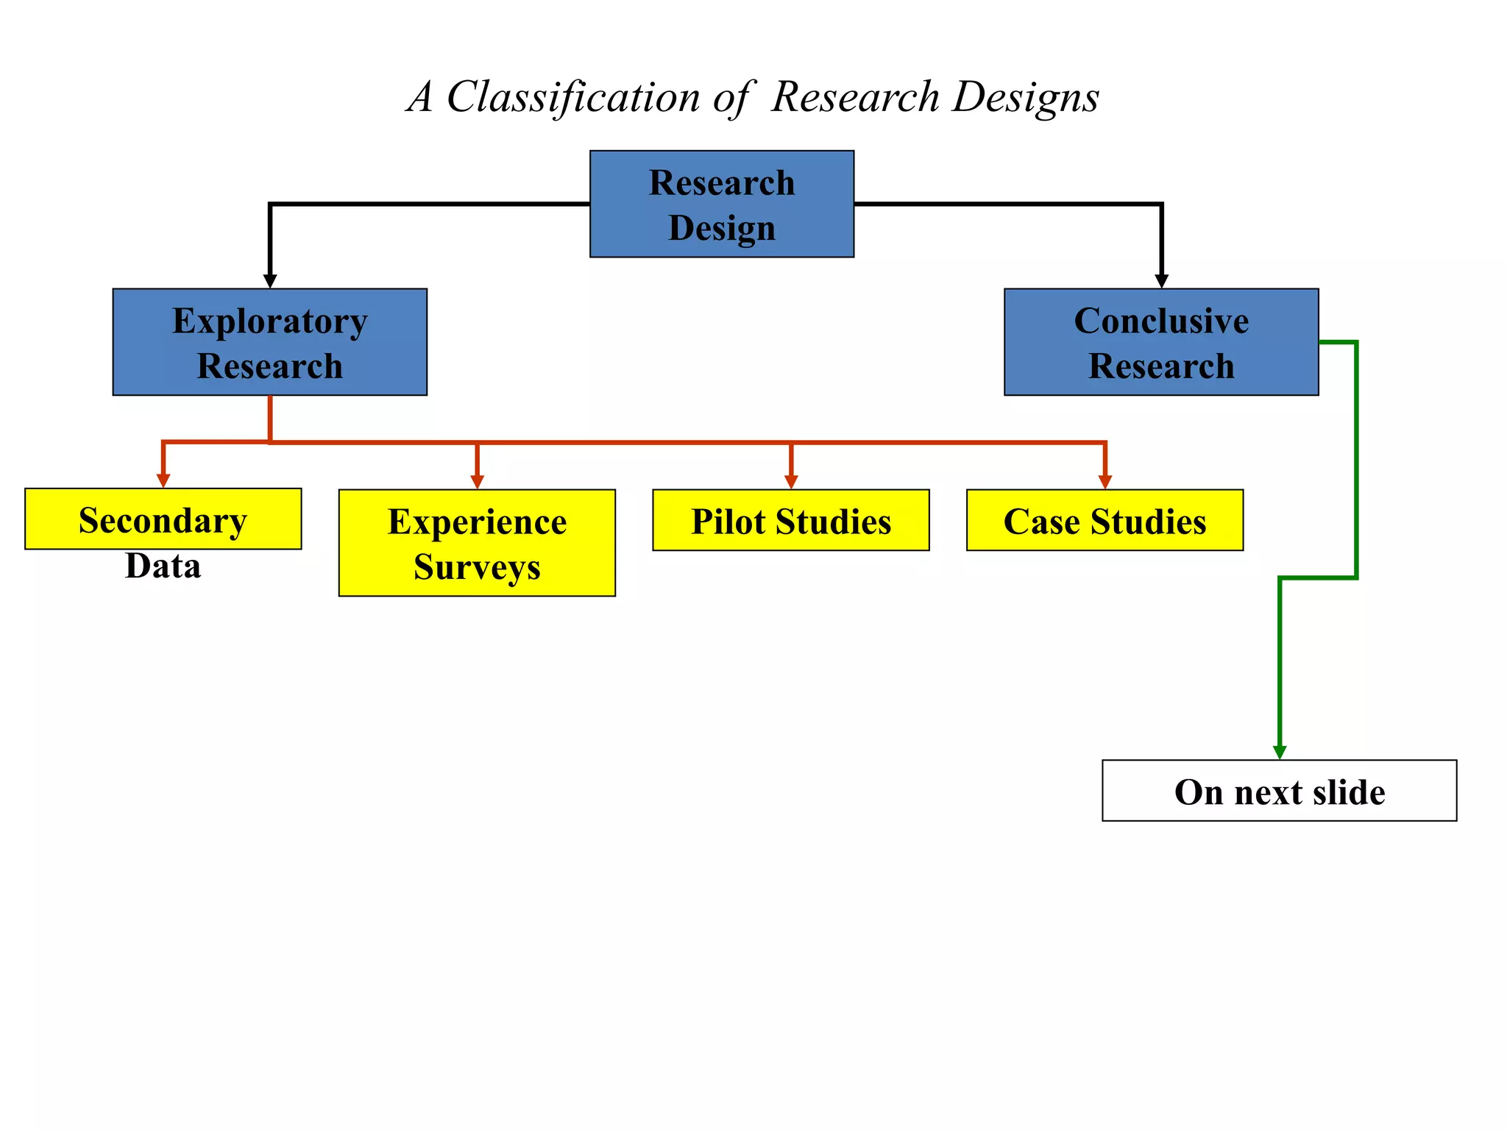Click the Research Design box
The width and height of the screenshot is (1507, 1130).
click(721, 204)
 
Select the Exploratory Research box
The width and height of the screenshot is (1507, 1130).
click(269, 342)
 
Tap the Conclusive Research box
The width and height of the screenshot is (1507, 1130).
click(1160, 342)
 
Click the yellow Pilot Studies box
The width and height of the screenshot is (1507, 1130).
click(790, 520)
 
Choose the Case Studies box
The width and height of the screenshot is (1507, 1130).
click(1104, 520)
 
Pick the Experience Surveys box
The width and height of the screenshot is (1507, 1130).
click(477, 543)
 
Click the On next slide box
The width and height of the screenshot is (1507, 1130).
click(1279, 791)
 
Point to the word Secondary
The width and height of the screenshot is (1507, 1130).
click(163, 520)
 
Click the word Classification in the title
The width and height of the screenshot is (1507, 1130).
click(573, 97)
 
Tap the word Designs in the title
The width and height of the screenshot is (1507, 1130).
click(1025, 97)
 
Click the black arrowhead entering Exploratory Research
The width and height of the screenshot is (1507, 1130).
click(270, 281)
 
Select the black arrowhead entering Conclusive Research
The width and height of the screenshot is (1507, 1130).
click(1161, 281)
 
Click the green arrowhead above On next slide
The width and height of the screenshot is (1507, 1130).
click(1280, 752)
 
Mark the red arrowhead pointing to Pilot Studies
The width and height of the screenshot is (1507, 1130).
click(791, 482)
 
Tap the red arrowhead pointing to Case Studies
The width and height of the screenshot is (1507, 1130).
click(1104, 482)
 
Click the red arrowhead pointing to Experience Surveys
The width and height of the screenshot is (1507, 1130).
click(477, 482)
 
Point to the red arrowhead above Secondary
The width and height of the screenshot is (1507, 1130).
click(163, 480)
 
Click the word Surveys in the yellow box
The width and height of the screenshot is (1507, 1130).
click(477, 567)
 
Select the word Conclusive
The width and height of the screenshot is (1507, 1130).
click(1160, 321)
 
